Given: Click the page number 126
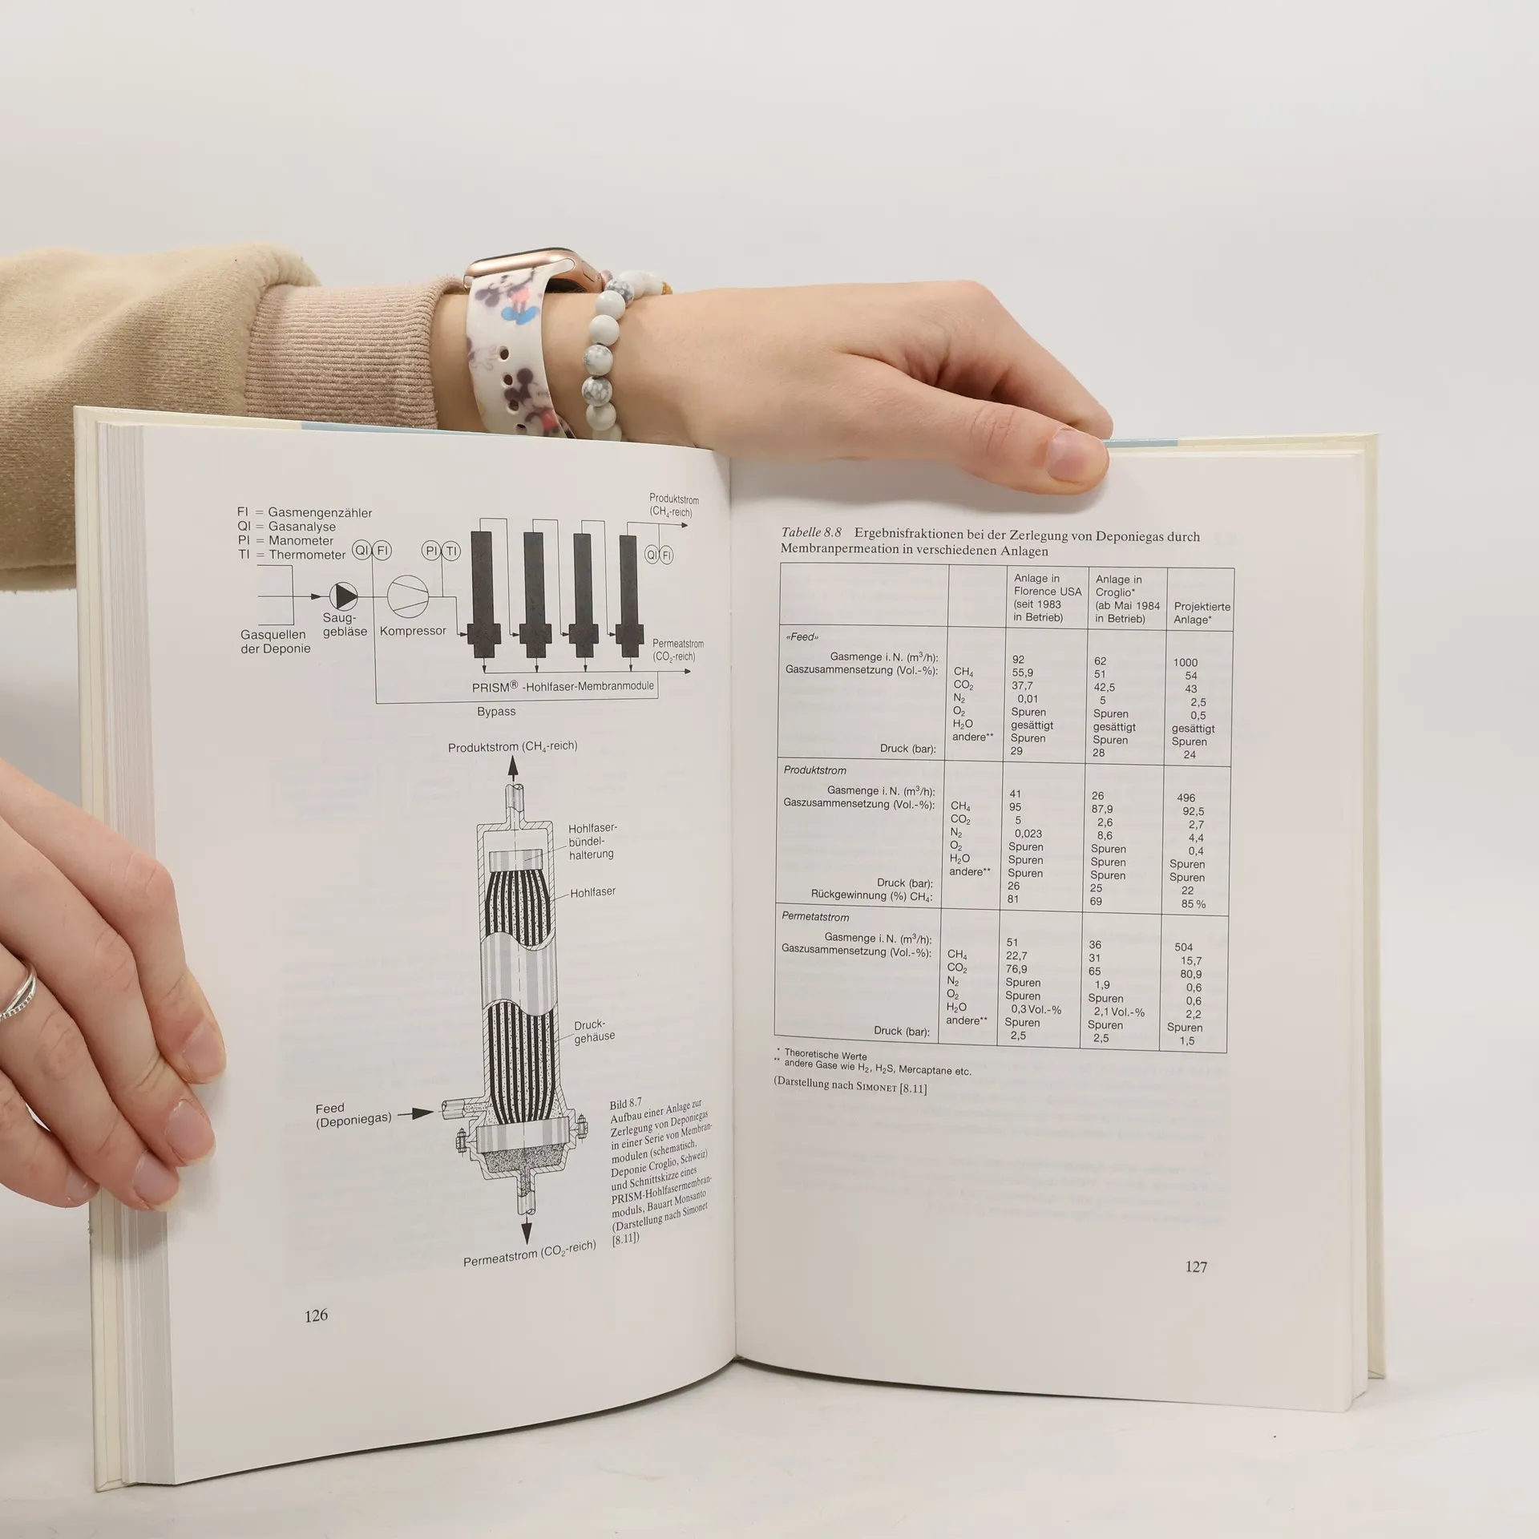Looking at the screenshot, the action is (316, 1315).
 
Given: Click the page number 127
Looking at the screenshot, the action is (1196, 1266).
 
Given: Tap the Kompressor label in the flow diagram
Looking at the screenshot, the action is (413, 631).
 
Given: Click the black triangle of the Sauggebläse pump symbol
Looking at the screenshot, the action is (346, 595).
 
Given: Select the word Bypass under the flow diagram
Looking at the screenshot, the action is (496, 711).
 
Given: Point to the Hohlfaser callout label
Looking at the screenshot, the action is (592, 892).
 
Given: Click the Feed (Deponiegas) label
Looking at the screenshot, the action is (353, 1115).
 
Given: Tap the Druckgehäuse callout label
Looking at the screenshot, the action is (594, 1031).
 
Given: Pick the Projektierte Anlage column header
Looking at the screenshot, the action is (1202, 613).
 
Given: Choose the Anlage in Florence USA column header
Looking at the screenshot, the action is (1048, 597).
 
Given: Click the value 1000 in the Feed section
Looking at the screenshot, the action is (1186, 662).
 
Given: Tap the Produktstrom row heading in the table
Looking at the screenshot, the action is (815, 770).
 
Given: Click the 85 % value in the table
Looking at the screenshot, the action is (1193, 904).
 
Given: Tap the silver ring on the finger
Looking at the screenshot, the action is (19, 991).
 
